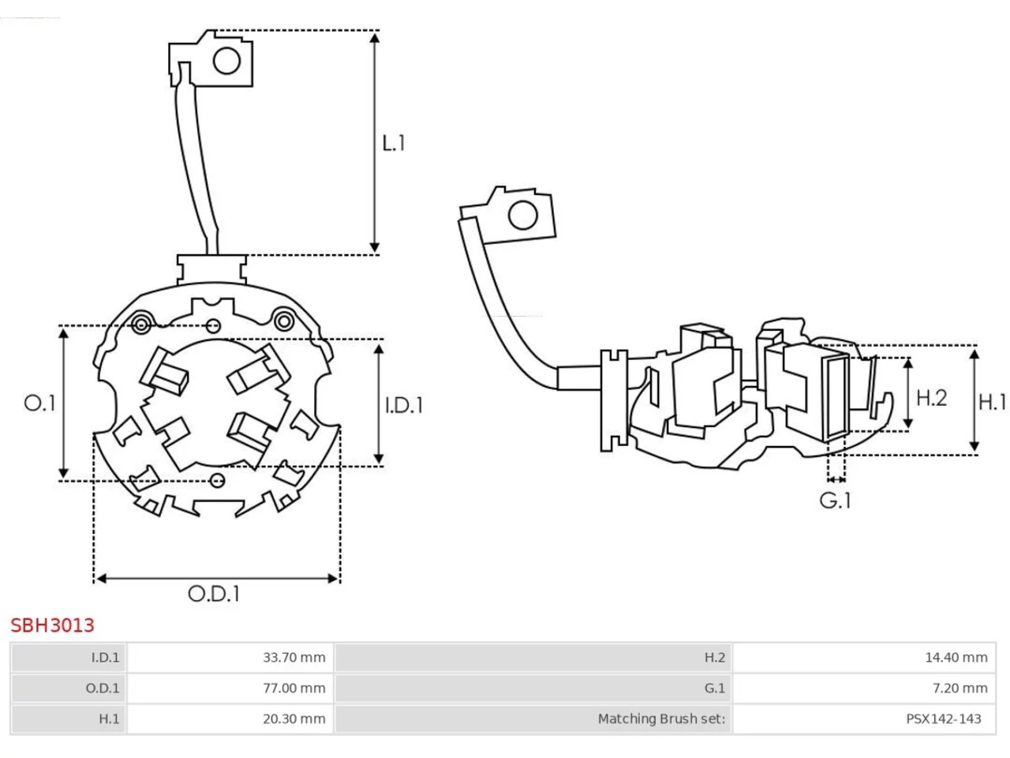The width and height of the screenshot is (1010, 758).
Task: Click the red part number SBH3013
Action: (x=52, y=625)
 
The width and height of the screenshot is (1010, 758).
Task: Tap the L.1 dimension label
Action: (x=394, y=143)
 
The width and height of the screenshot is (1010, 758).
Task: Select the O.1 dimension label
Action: (x=39, y=403)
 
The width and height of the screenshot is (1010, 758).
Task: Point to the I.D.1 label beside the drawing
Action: (x=403, y=405)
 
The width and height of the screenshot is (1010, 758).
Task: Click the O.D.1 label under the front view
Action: (x=214, y=594)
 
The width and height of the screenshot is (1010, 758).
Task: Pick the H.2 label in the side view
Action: (x=931, y=398)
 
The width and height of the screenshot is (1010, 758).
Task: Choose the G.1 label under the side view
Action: (x=835, y=501)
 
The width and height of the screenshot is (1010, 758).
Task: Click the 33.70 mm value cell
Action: (x=294, y=657)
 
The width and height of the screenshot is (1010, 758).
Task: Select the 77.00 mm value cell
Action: (x=294, y=688)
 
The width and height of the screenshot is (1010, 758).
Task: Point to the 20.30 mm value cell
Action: (x=294, y=719)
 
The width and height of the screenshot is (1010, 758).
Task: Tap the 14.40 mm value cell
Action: (x=956, y=657)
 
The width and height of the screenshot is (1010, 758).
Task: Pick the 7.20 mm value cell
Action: (x=959, y=688)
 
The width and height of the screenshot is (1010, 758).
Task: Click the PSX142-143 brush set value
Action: (x=943, y=719)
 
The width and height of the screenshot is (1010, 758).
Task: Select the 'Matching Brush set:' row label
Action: (x=661, y=719)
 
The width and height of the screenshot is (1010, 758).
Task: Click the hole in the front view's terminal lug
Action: (x=226, y=61)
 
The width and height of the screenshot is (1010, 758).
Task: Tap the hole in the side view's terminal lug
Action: (x=523, y=215)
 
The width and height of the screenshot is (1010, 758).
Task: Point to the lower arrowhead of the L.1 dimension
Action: (x=375, y=247)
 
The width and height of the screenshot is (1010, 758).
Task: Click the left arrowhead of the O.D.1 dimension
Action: (x=101, y=578)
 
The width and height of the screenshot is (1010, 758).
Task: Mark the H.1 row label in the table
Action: (x=109, y=719)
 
